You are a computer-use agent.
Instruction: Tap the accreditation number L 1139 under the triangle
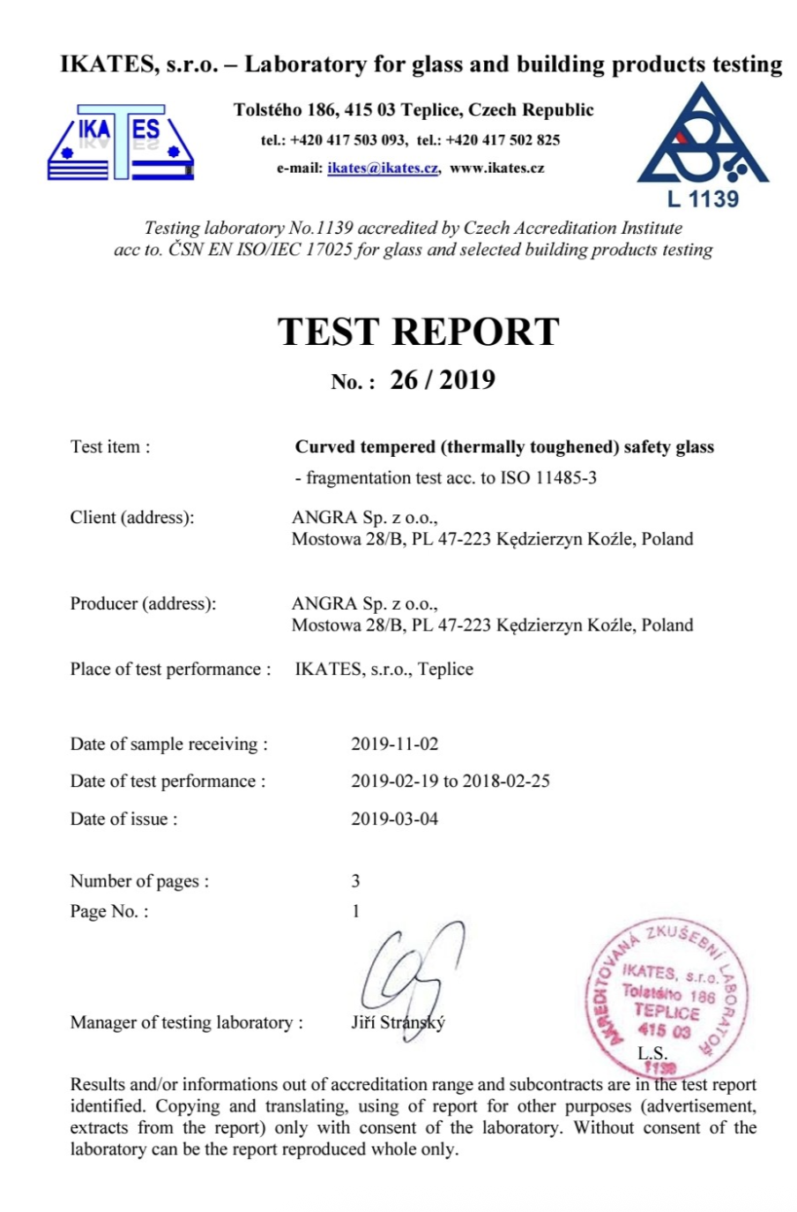pyautogui.click(x=703, y=199)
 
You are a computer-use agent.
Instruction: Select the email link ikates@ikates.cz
pyautogui.click(x=383, y=168)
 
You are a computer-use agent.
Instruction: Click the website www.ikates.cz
pyautogui.click(x=496, y=168)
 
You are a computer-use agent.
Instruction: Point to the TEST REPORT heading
pyautogui.click(x=419, y=332)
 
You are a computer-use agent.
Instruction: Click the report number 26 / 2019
pyautogui.click(x=443, y=380)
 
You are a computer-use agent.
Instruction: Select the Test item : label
pyautogui.click(x=110, y=447)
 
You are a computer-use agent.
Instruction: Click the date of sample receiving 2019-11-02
pyautogui.click(x=394, y=744)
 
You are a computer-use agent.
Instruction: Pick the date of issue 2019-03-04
pyautogui.click(x=394, y=819)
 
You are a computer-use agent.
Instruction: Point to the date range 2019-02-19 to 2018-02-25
pyautogui.click(x=450, y=781)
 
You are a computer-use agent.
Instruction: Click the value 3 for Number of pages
pyautogui.click(x=355, y=880)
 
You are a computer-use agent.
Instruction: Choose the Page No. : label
pyautogui.click(x=109, y=911)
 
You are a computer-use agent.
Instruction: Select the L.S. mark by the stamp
pyautogui.click(x=652, y=1053)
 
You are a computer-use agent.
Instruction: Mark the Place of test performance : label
pyautogui.click(x=170, y=670)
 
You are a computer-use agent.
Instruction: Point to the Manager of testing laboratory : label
pyautogui.click(x=186, y=1022)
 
